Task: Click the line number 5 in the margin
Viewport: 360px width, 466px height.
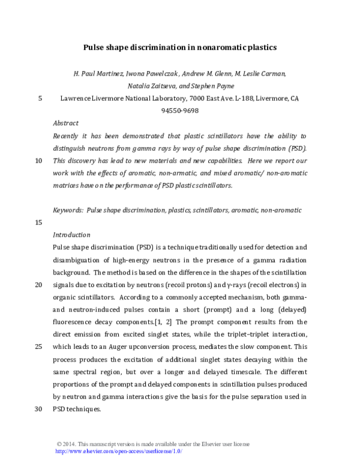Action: (x=40, y=98)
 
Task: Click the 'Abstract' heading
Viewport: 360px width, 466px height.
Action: (x=65, y=123)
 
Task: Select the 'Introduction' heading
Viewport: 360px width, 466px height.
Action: (x=71, y=235)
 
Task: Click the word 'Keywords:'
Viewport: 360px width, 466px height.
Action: (x=68, y=210)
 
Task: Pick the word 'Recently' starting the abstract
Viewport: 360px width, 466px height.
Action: (x=68, y=136)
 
